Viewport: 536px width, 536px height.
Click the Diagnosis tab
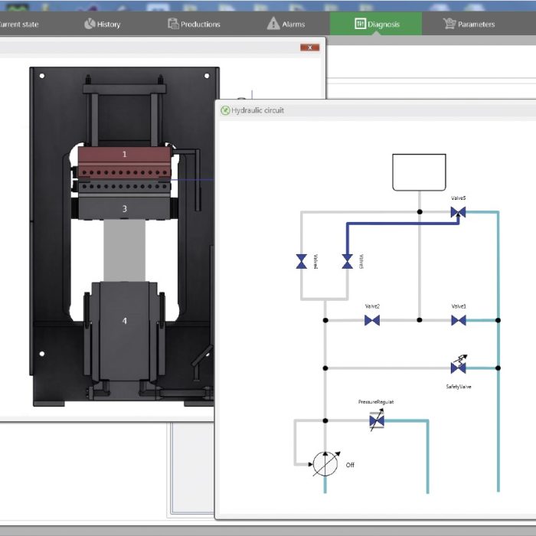point(376,24)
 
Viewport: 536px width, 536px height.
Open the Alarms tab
point(286,24)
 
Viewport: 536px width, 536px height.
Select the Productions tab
point(194,24)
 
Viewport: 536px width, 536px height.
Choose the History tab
point(102,24)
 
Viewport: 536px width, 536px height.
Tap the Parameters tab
point(469,24)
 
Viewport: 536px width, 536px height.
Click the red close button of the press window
point(309,47)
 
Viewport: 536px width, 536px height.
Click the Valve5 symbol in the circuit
point(459,212)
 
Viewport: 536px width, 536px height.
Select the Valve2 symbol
point(372,320)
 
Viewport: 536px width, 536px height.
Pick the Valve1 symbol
point(459,320)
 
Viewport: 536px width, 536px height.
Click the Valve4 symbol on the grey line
point(302,262)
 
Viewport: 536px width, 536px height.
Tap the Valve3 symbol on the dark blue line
point(348,262)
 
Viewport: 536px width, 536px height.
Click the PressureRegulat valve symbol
point(376,420)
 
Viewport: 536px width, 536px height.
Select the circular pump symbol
point(325,464)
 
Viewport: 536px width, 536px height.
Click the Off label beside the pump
point(350,465)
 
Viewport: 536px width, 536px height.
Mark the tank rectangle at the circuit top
point(419,172)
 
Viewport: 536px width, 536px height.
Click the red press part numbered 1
point(125,155)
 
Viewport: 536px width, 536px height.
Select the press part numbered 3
point(125,208)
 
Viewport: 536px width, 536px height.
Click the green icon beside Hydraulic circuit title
point(225,110)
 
